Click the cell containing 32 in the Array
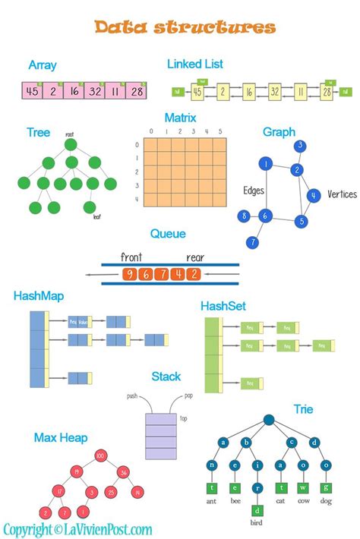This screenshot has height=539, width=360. [94, 91]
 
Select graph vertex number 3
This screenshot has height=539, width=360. [301, 146]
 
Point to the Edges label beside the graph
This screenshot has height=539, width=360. [254, 190]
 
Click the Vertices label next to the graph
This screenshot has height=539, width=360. [342, 194]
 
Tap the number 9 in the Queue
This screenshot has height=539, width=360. [131, 274]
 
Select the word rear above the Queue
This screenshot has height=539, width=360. [197, 257]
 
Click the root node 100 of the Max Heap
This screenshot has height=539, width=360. [99, 455]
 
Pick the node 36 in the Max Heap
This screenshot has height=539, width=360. [123, 471]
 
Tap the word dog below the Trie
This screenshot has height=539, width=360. [326, 502]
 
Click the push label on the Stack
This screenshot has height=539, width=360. [132, 396]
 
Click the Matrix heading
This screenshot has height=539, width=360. [180, 118]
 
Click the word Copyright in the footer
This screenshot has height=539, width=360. [26, 529]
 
